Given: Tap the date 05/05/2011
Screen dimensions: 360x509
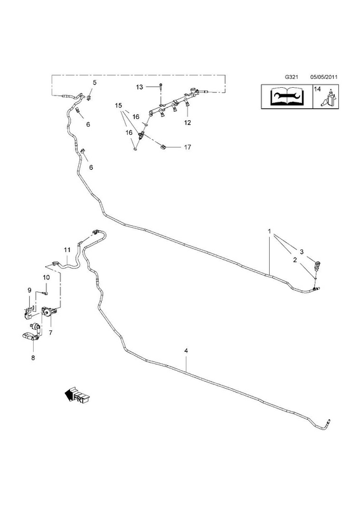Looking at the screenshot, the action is point(324,77).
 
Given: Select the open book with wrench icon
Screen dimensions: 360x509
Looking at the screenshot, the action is point(287,96).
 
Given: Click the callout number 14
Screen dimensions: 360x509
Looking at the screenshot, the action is point(317,89).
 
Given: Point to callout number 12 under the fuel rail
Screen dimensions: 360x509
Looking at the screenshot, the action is point(187,123).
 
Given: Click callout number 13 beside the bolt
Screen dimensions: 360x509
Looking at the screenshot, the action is point(139,87).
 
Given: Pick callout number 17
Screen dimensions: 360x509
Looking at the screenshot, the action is point(187,147).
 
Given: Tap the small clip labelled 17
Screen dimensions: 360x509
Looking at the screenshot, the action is point(163,147).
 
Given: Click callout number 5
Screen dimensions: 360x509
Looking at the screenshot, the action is point(95,83).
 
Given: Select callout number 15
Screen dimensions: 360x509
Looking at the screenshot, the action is point(118,106).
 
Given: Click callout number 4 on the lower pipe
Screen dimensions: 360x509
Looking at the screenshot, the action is point(186,351).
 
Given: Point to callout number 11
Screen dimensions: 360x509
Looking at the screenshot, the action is point(67,249).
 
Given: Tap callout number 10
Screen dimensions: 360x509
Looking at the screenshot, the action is point(46,277).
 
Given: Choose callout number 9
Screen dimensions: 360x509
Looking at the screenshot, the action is point(29,290).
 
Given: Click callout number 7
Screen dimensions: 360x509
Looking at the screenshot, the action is point(51,333).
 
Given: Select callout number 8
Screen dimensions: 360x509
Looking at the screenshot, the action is point(33,358).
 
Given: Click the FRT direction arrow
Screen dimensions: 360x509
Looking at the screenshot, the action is point(77,394).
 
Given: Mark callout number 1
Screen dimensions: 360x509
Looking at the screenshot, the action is point(270,231).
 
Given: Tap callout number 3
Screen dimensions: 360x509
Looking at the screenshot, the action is point(301,251).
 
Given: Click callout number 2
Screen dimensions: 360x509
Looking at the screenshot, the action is point(294,260).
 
